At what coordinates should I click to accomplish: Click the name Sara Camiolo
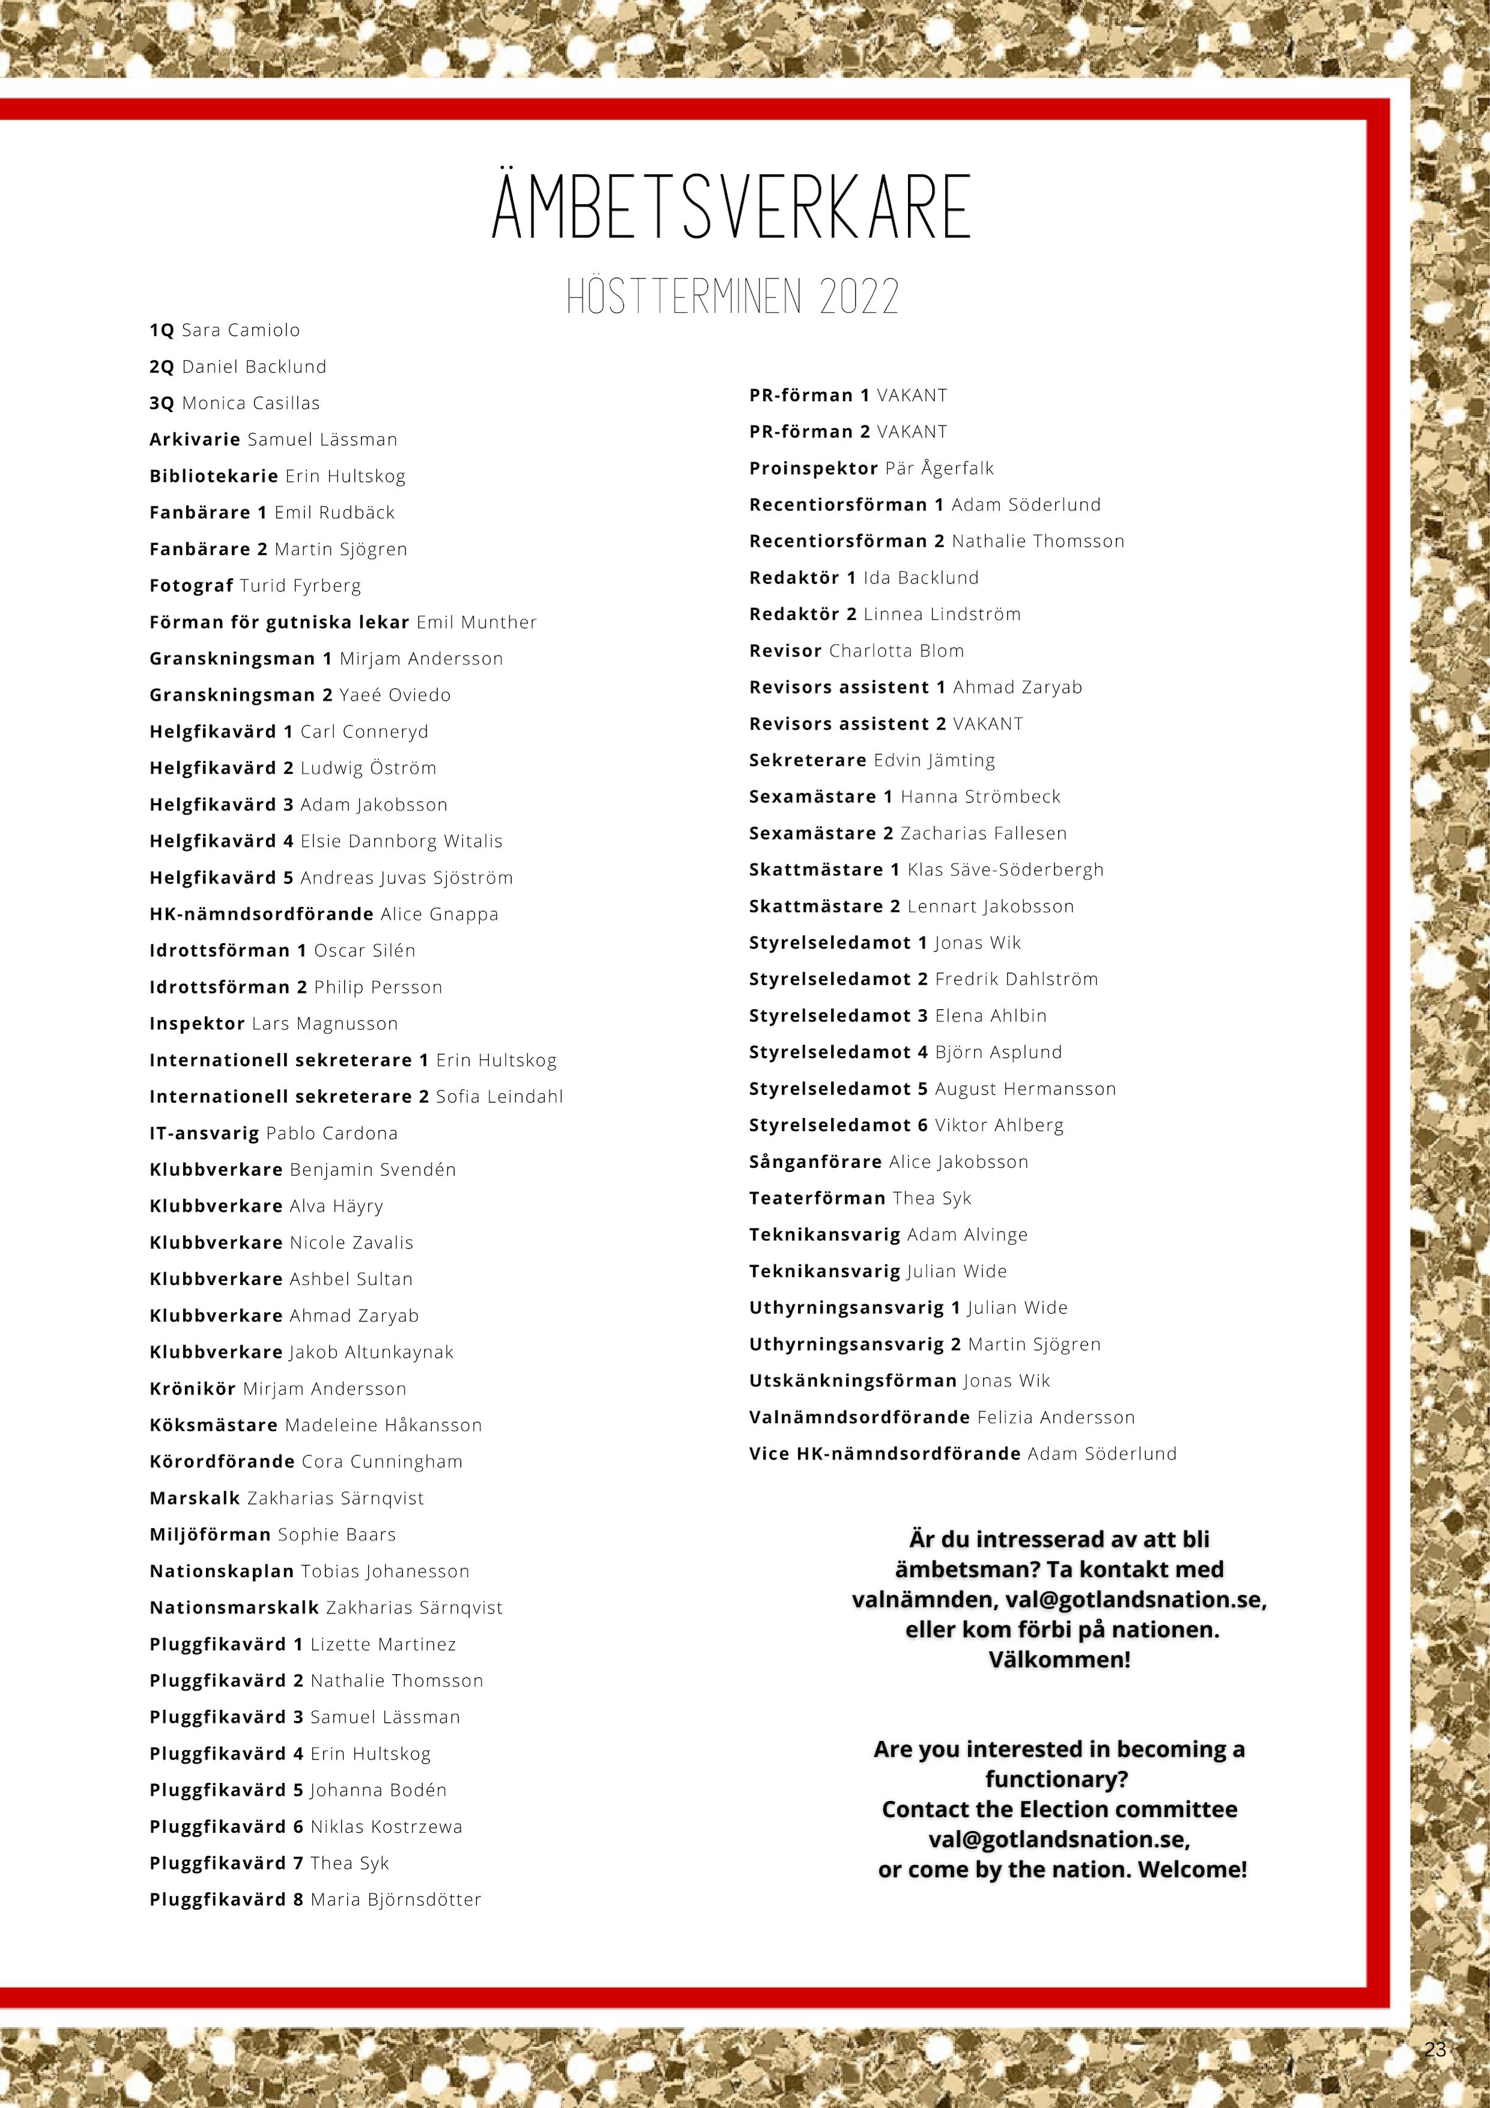(241, 330)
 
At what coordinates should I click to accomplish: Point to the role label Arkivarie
(195, 440)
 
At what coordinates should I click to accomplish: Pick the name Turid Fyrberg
(300, 586)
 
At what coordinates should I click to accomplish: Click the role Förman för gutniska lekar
(279, 622)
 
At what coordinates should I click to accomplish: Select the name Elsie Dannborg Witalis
(401, 841)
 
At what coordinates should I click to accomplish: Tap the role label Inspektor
(196, 1024)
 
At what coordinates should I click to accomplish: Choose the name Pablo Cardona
(332, 1133)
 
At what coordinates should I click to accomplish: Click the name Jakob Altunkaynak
(371, 1352)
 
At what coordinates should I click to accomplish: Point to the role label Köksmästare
(213, 1425)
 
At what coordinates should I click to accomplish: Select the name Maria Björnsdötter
(396, 1900)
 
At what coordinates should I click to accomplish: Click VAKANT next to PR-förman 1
(912, 396)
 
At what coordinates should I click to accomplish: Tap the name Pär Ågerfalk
(939, 468)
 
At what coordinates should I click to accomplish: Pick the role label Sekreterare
(807, 760)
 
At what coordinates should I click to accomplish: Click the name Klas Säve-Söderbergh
(1005, 869)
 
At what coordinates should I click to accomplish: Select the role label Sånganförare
(815, 1161)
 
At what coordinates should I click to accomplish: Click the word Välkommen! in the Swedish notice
(1059, 1660)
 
